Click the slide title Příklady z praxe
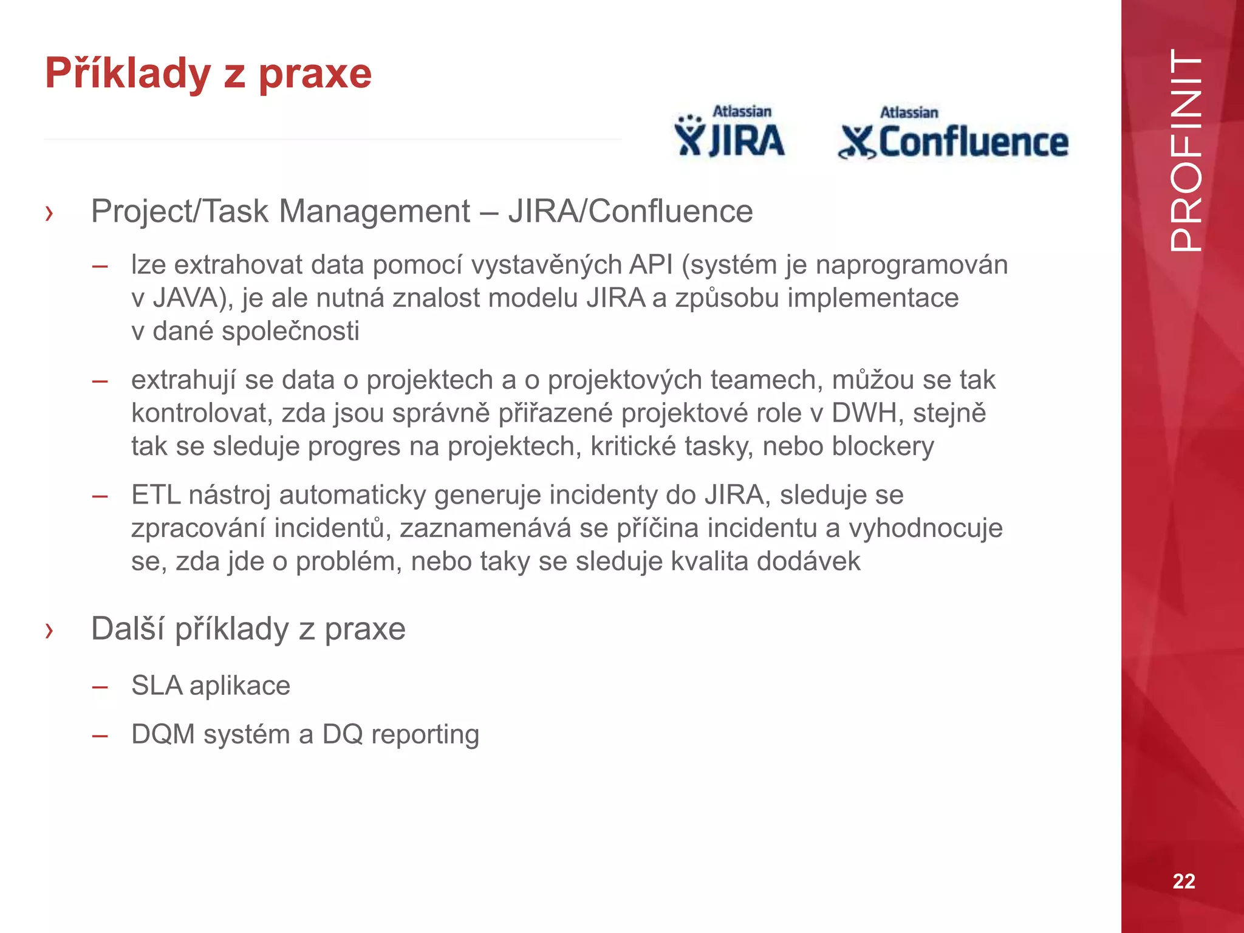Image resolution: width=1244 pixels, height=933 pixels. pyautogui.click(x=208, y=73)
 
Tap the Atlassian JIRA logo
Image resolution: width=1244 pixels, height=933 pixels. pyautogui.click(x=730, y=132)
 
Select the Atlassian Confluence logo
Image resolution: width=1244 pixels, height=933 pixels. pyautogui.click(x=953, y=134)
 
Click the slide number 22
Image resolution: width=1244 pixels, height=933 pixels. pyautogui.click(x=1183, y=881)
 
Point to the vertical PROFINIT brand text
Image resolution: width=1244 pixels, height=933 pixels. pyautogui.click(x=1185, y=150)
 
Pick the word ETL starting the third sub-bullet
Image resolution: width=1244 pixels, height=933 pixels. pyautogui.click(x=156, y=494)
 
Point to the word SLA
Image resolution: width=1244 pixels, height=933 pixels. pyautogui.click(x=157, y=686)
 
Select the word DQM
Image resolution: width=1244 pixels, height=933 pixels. pyautogui.click(x=163, y=734)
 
